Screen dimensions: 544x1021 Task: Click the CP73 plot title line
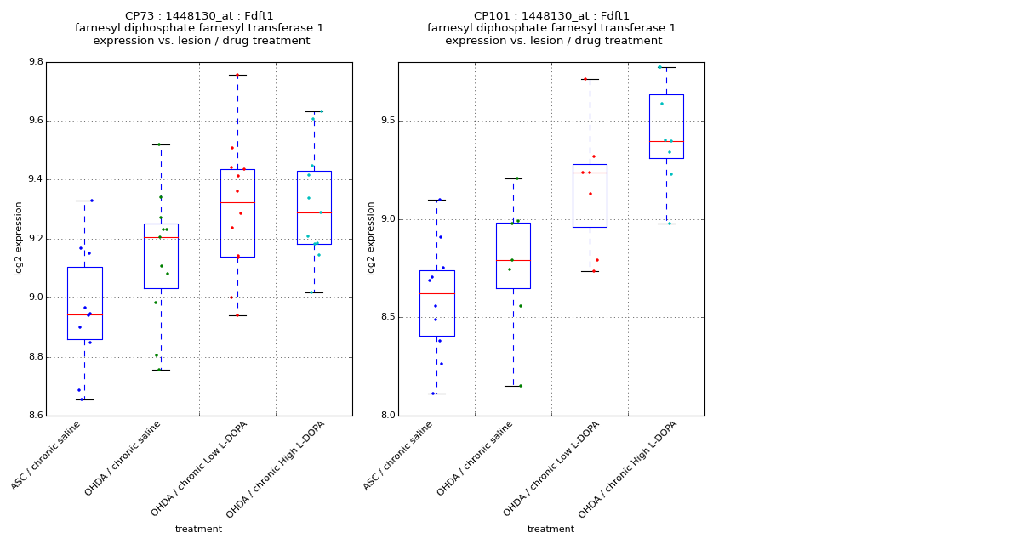point(199,16)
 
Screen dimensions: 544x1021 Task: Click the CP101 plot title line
point(551,16)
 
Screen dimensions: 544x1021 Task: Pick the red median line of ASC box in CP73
point(84,314)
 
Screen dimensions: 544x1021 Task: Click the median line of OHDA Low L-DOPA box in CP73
point(237,202)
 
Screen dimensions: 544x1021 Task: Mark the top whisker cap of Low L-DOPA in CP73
point(237,75)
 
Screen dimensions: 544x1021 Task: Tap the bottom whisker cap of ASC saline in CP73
point(84,399)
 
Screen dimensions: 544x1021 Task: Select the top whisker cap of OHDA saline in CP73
point(161,144)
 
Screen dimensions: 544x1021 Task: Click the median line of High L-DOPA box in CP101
point(666,141)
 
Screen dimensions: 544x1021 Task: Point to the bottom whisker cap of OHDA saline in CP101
point(513,386)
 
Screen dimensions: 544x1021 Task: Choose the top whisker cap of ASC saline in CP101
point(436,200)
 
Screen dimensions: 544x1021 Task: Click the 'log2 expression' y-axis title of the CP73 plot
point(19,238)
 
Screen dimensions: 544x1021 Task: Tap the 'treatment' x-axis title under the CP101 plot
point(550,530)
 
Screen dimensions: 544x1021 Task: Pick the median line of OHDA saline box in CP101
point(513,260)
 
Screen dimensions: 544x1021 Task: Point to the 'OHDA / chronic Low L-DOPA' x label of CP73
point(199,468)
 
